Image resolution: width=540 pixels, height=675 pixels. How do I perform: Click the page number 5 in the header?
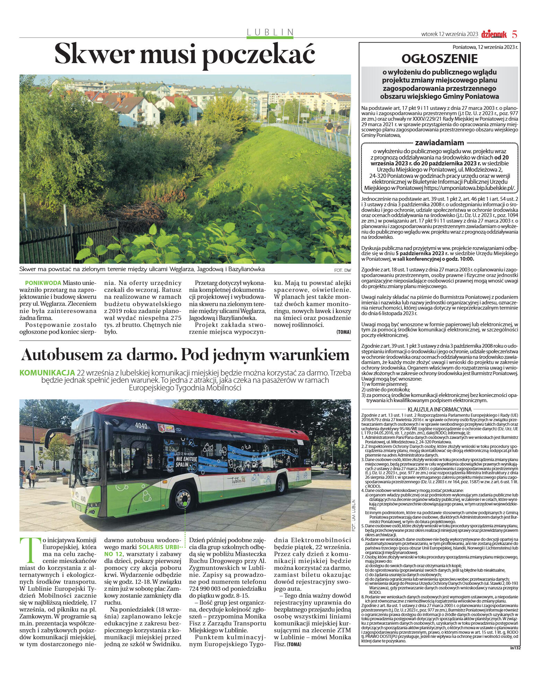514,35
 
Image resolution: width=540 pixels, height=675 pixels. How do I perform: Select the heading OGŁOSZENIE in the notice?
439,59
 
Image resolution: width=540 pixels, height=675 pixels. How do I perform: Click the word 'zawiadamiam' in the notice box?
439,142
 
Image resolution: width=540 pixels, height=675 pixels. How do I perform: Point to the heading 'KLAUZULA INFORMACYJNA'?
439,409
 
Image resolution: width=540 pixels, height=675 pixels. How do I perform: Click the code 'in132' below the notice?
515,647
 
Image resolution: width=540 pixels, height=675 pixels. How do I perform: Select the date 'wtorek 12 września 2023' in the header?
450,34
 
